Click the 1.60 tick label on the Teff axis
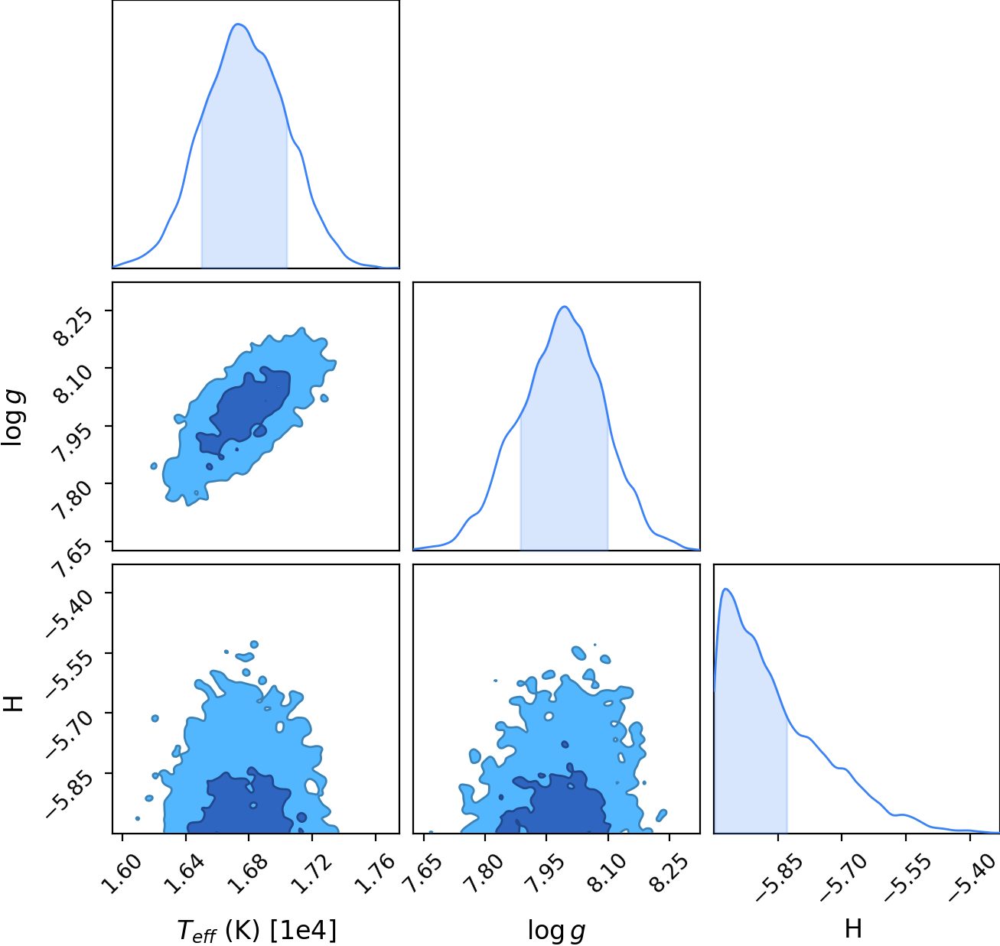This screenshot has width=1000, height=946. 122,874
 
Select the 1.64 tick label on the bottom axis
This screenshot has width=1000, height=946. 184,874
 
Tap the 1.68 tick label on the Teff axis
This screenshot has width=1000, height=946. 248,874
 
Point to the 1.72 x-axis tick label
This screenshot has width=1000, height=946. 311,874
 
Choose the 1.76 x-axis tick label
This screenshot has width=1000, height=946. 374,874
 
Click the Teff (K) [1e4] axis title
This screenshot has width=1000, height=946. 257,930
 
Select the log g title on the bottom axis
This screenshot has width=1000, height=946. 556,931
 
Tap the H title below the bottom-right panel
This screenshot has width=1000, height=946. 853,928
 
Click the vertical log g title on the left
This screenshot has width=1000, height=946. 12,418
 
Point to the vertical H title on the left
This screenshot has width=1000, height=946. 13,704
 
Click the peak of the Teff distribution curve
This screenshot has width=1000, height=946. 237,24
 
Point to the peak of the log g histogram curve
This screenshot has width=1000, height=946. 564,307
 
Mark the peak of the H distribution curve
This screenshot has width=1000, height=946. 726,589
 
